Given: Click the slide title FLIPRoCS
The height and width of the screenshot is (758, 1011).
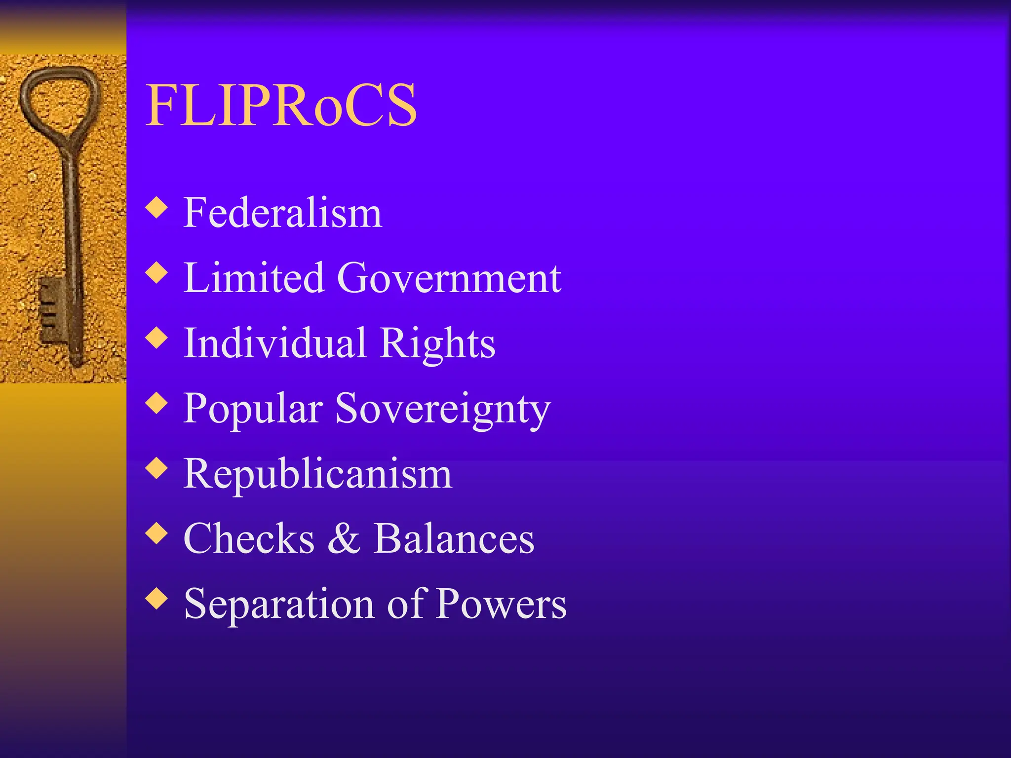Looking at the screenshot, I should (x=281, y=105).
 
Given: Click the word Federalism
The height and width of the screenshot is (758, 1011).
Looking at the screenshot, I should (x=282, y=213).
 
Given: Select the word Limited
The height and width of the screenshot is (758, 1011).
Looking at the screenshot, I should (x=254, y=278).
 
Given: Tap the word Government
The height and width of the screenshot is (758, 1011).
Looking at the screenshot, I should (x=449, y=278).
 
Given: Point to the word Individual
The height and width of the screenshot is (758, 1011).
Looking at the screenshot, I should (x=275, y=343).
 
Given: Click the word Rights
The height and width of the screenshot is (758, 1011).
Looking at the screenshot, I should (x=437, y=344).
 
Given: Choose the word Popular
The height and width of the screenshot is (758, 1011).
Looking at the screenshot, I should (x=253, y=409).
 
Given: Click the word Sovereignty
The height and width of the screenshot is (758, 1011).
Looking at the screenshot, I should (x=442, y=409).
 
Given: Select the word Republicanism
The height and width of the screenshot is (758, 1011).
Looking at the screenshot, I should (x=317, y=474).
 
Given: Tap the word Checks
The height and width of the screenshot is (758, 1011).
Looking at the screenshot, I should (x=249, y=538).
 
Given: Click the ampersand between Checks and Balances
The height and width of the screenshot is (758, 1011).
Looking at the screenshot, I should (x=344, y=538).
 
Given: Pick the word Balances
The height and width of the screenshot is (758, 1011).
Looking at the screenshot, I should (x=454, y=538).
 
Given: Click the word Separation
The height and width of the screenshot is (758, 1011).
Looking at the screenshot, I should (x=279, y=604).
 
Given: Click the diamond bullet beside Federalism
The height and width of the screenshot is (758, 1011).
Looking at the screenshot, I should (x=157, y=207).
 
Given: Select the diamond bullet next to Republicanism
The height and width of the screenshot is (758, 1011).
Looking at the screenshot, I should (x=157, y=468).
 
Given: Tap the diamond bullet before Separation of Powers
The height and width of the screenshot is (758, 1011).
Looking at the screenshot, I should (x=157, y=599).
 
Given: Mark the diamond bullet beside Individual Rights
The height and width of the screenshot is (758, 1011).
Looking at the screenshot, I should (x=157, y=338).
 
